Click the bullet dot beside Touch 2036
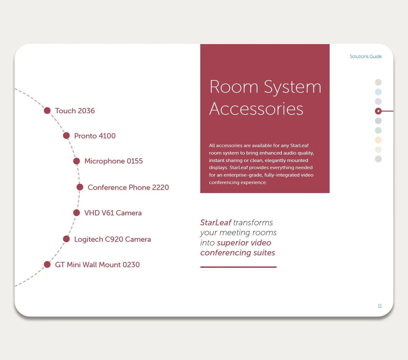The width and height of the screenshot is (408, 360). tap(47, 111)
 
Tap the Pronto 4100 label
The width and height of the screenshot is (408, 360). tap(95, 136)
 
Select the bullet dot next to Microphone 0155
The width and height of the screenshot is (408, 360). tap(76, 161)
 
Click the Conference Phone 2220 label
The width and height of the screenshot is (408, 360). tap(128, 187)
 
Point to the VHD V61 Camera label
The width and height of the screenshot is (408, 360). tap(113, 213)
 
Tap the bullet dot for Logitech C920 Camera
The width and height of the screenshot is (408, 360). tap(66, 239)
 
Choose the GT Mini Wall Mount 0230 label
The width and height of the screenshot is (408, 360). tap(97, 265)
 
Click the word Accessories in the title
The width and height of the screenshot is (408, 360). tap(256, 109)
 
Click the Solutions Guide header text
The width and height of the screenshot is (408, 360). tap(365, 56)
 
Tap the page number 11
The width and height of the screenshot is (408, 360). tap(379, 306)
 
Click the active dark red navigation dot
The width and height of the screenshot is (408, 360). tap(378, 111)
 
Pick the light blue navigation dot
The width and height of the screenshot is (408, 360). tap(378, 92)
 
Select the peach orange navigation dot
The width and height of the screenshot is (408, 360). tap(378, 140)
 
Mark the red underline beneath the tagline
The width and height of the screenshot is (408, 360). tap(238, 267)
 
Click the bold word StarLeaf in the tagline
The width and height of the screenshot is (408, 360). tap(216, 223)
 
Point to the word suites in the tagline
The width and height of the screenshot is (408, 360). tap(264, 253)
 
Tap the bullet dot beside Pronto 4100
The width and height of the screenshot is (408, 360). tap(66, 136)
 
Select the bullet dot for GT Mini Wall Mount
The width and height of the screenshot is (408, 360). tap(47, 264)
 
